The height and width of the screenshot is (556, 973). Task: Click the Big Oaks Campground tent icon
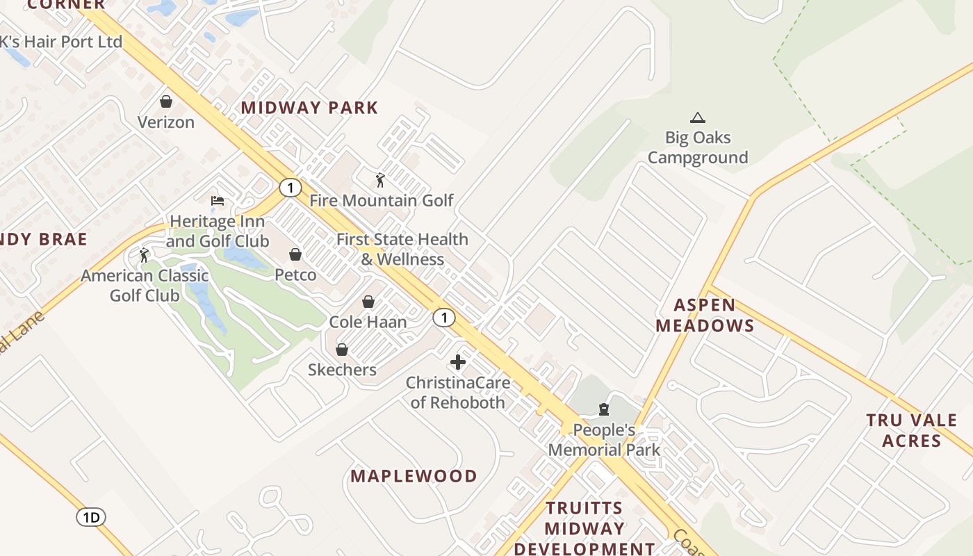(x=697, y=118)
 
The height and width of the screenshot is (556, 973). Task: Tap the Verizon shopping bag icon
(x=166, y=102)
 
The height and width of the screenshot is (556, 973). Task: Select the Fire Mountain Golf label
(x=381, y=201)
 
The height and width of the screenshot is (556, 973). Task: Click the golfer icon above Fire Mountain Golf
(x=379, y=181)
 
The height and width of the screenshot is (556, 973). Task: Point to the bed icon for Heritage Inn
(x=218, y=201)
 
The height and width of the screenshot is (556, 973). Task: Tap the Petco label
(x=295, y=275)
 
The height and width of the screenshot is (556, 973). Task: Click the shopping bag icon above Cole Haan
(x=368, y=302)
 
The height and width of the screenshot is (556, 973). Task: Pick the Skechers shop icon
(x=341, y=350)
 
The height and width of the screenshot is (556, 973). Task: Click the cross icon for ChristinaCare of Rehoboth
(x=458, y=362)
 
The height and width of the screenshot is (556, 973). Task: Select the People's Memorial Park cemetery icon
(x=604, y=409)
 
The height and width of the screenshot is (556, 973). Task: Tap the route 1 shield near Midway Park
(x=290, y=187)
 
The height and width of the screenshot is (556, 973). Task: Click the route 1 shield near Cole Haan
(x=443, y=318)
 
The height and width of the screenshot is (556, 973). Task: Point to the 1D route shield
(x=90, y=516)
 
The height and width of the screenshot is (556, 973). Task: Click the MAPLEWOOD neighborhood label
(x=414, y=476)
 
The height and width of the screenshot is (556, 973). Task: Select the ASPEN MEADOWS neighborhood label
(x=705, y=315)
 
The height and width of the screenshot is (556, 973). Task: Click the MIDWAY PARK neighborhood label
(x=309, y=108)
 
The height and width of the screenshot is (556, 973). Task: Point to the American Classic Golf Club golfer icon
(x=144, y=255)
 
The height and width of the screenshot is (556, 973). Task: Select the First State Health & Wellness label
(x=402, y=249)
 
